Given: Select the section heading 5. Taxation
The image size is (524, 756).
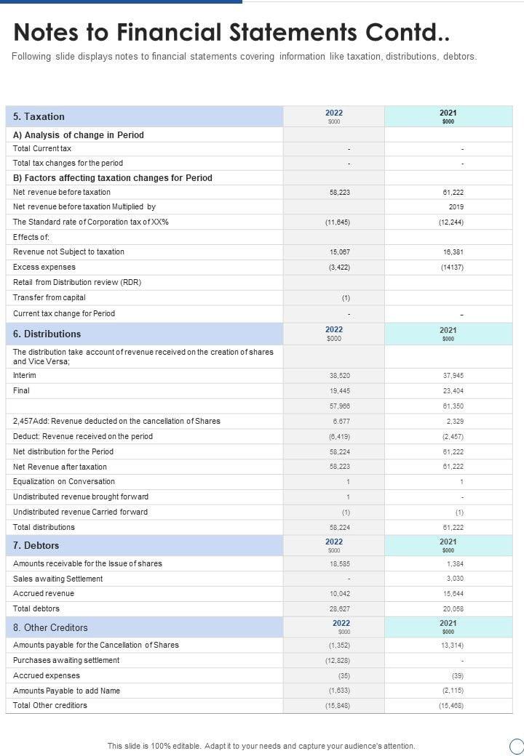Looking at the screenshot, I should [39, 116].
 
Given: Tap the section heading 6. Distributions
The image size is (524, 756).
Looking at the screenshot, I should [47, 334].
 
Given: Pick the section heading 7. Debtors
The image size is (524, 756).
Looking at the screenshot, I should [36, 545].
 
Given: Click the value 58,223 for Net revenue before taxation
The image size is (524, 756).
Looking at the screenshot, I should [340, 193].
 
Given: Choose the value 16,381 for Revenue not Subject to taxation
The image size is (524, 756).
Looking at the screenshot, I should [453, 252].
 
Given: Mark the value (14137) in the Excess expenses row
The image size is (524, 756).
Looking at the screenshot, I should [452, 268].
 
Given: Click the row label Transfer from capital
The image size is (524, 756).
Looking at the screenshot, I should [49, 297].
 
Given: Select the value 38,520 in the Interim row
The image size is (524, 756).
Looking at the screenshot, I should [340, 376].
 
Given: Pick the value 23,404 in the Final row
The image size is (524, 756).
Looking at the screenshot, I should [453, 391].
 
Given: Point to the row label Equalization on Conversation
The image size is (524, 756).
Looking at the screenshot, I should [64, 481].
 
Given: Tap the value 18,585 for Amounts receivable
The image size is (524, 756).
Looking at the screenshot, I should [340, 564].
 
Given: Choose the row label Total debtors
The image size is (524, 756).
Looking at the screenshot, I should [36, 608].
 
